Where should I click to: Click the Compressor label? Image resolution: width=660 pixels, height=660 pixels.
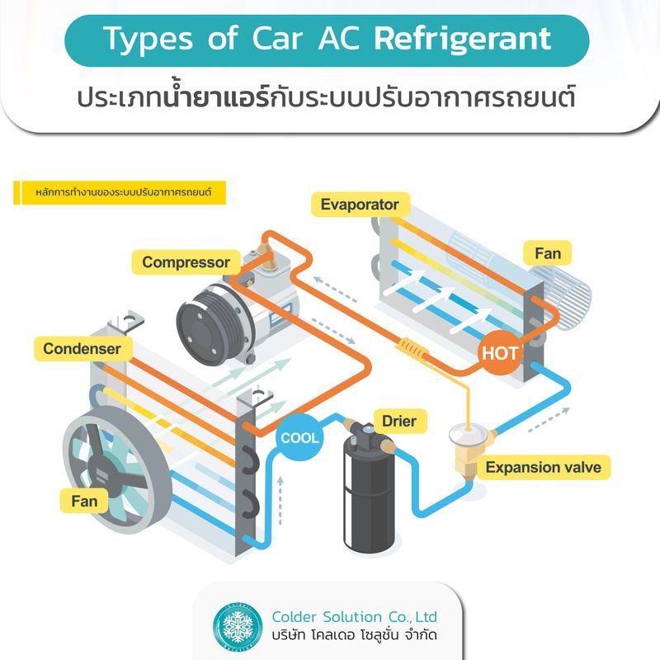[x=186, y=262]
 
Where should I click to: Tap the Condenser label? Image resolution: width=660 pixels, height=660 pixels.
[x=82, y=348]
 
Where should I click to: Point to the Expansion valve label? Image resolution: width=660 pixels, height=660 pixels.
[x=543, y=467]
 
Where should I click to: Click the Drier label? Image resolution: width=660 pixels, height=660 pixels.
[x=398, y=422]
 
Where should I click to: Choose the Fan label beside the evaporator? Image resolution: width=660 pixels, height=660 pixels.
[x=548, y=253]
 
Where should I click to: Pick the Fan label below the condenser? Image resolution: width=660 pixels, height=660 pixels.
[x=84, y=501]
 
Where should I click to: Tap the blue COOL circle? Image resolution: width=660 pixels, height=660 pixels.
[x=299, y=437]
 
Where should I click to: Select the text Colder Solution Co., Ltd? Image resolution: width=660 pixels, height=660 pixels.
[x=354, y=616]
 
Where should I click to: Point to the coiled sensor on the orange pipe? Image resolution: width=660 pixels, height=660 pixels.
[x=413, y=350]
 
